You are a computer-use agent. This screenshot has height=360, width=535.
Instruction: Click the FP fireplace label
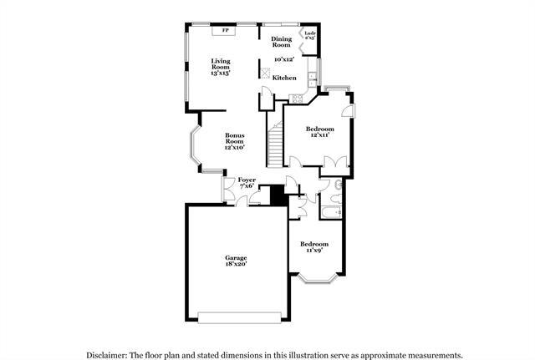coord(226,32)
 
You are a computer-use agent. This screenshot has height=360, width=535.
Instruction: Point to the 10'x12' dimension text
coord(284,59)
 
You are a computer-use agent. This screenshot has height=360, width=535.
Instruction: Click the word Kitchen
coord(285,77)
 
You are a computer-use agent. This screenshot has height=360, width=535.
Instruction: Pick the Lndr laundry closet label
coord(309,35)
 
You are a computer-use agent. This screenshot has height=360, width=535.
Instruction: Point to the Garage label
coord(235,258)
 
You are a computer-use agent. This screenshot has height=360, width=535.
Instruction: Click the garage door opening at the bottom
coord(241,317)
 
